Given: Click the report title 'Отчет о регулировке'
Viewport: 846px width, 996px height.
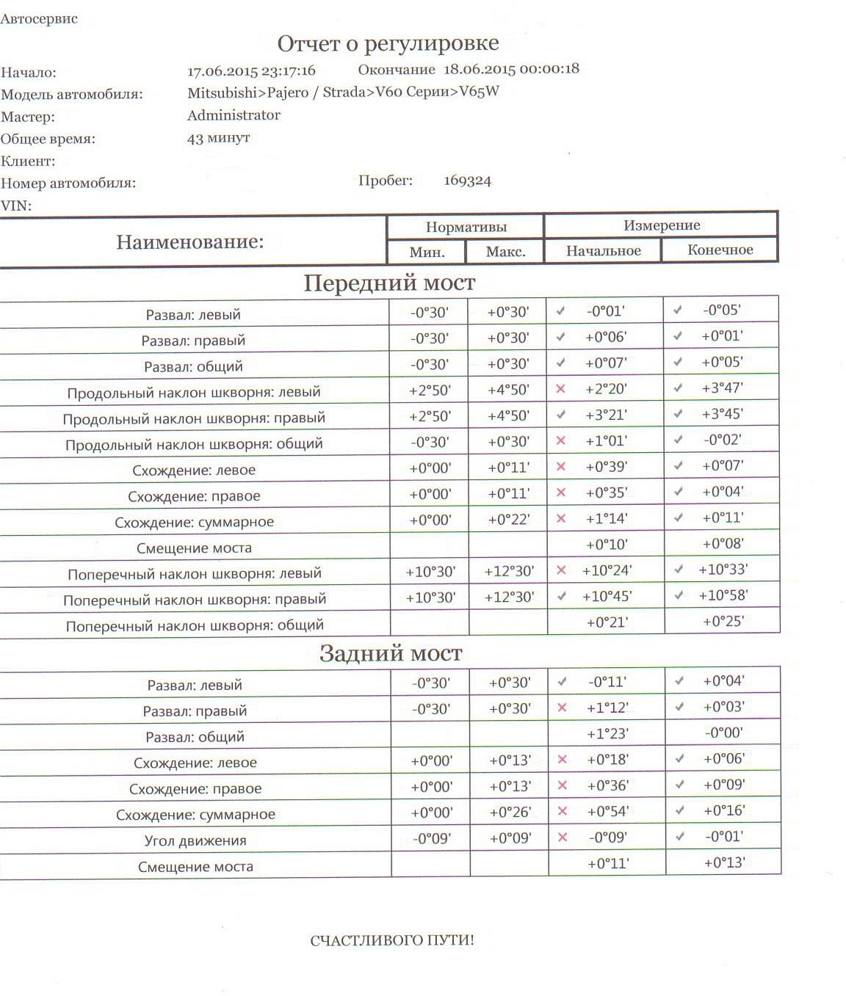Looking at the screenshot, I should [388, 44].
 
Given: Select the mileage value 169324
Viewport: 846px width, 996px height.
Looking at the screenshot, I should [467, 181].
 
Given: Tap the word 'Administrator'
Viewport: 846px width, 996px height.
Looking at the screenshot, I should [234, 115].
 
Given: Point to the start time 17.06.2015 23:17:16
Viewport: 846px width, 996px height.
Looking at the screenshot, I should [251, 71].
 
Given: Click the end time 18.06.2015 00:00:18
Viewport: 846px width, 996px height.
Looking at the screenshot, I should [511, 69].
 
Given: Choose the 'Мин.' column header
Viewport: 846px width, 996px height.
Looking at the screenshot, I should [427, 252].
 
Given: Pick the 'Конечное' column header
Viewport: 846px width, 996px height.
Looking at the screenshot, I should [720, 250].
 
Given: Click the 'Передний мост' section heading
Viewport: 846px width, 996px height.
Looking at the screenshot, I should [389, 283].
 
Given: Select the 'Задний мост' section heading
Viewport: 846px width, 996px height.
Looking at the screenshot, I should [391, 653].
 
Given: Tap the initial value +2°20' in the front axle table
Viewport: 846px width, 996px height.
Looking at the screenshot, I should [606, 389].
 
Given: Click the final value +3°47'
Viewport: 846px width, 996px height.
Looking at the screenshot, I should [722, 388].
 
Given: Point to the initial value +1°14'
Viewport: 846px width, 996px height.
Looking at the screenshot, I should [607, 518].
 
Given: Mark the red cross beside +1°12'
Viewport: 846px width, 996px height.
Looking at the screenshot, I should [563, 708].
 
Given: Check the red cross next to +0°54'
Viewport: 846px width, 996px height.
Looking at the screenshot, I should [563, 811].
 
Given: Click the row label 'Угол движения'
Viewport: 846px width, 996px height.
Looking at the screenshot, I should [195, 840].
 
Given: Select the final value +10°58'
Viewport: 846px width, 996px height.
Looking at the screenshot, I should [723, 595].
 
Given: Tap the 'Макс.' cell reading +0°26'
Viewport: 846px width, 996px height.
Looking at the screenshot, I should [510, 813].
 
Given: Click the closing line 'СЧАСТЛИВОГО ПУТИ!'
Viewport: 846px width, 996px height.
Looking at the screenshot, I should [392, 940].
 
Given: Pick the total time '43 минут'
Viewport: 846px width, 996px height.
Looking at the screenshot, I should [218, 138].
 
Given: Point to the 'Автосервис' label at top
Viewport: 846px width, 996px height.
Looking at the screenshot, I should [39, 19].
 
